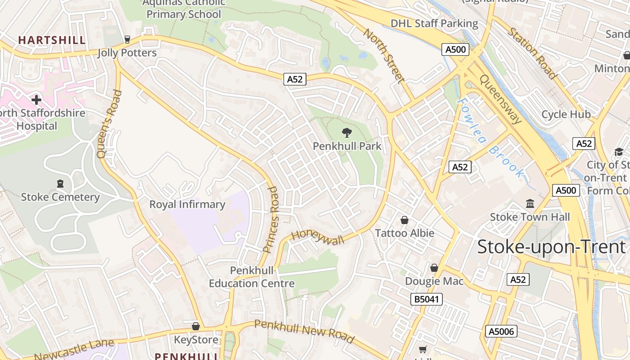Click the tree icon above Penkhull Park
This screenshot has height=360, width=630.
pos(346,132)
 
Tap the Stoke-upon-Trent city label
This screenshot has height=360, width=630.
pos(551,247)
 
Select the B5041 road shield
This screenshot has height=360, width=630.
pos(427,299)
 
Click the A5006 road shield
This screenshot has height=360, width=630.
pos(502,332)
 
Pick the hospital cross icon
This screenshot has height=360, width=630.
pos(36,99)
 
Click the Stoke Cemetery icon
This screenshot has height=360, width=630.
pos(60,184)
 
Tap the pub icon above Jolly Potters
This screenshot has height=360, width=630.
pos(127,40)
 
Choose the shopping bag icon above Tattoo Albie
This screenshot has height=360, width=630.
pos(405,220)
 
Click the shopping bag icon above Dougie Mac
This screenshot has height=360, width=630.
pos(434,268)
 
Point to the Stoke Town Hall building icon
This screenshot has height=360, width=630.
pos(530,204)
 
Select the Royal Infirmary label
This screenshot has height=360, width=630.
pos(187,204)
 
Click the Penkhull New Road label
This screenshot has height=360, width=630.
pos(304,331)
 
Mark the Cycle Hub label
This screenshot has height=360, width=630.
pos(566,114)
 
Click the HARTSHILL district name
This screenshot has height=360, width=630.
pos(52,40)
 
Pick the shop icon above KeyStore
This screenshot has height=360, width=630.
pos(196,326)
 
